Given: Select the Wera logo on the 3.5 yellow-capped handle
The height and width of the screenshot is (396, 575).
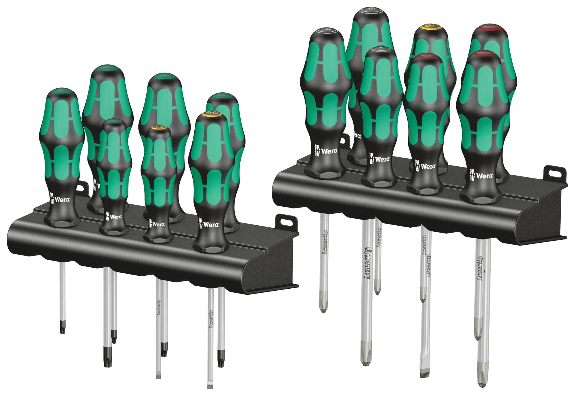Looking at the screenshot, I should pos(157,224).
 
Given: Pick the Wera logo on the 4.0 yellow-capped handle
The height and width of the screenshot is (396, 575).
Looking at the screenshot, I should pos(209,224).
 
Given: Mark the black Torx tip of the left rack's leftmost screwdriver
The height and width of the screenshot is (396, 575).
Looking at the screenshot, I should pos(62,328).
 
